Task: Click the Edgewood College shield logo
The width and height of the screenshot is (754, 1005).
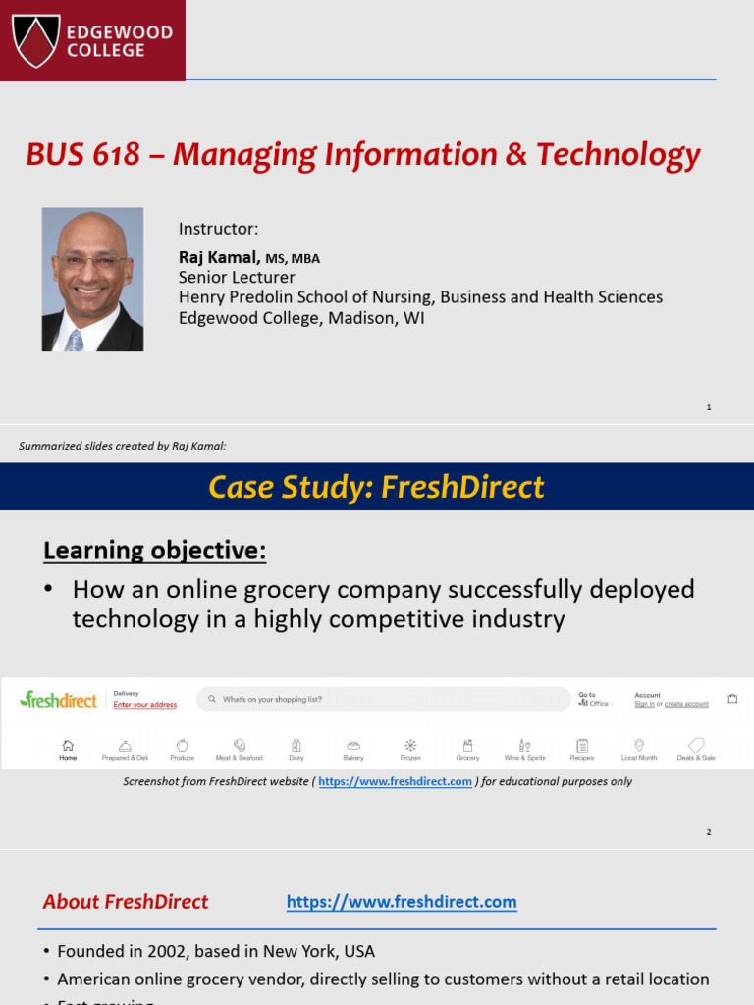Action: point(36,39)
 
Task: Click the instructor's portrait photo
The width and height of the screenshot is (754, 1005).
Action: point(92,280)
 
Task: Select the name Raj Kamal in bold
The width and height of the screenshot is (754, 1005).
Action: point(218,257)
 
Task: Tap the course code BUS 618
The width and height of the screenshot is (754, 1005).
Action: point(82,155)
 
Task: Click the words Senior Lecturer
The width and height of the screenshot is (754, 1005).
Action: point(237,277)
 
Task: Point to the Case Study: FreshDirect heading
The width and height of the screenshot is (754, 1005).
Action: point(377,487)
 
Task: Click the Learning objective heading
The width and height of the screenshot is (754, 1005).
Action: point(154,551)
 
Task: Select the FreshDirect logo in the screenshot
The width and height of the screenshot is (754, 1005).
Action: point(59,700)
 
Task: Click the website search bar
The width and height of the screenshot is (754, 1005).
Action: point(383,699)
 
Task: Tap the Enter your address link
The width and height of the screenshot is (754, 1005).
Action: point(145,705)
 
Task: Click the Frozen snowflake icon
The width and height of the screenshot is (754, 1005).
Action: point(410,745)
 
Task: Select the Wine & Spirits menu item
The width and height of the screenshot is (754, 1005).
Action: point(524,750)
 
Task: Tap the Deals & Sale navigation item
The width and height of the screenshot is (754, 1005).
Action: point(696,750)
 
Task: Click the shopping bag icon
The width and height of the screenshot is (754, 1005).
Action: point(732,699)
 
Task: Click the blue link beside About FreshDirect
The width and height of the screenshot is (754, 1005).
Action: point(402,902)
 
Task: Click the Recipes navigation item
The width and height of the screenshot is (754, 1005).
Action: point(582,750)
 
